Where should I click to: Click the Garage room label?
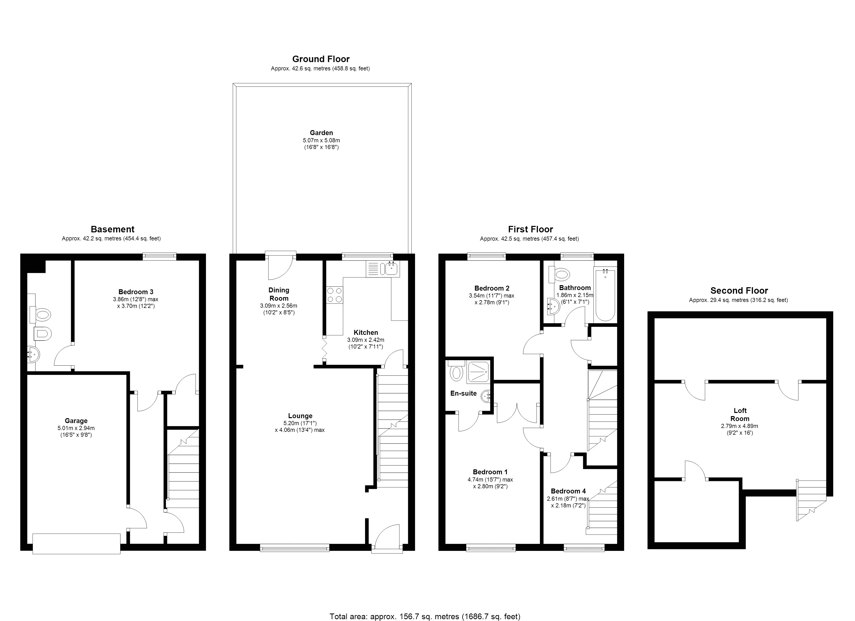76,421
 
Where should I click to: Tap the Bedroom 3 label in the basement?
136,292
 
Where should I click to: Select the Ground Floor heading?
321,59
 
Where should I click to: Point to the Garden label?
321,132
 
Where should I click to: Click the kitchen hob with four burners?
335,295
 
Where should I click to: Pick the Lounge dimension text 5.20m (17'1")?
300,423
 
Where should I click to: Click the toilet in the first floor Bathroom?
561,274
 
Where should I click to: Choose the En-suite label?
463,393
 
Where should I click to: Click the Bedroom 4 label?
568,491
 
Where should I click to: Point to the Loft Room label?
740,415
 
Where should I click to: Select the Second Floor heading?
739,291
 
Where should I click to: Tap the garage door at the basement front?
76,543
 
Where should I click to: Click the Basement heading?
112,229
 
